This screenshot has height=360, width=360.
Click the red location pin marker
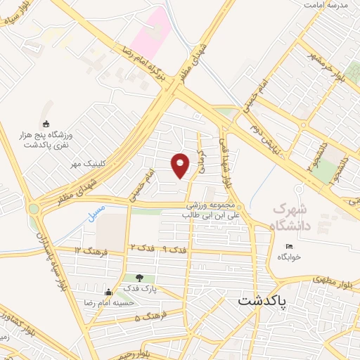pyautogui.click(x=181, y=165)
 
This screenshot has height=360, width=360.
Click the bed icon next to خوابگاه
pyautogui.click(x=289, y=246)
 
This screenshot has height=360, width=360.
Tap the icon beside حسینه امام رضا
pyautogui.click(x=108, y=292)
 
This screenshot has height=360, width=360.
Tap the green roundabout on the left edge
pyautogui.click(x=33, y=208)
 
